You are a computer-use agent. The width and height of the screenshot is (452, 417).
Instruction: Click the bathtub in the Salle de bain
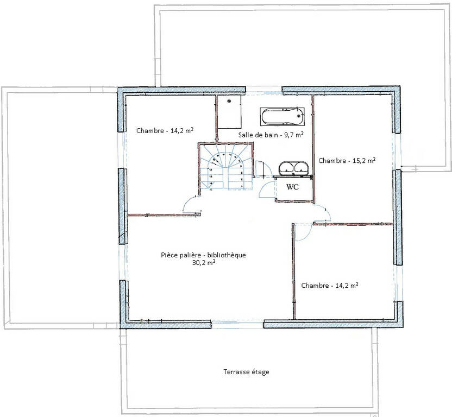point(282,116)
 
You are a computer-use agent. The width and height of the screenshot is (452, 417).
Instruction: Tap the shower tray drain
point(229,101)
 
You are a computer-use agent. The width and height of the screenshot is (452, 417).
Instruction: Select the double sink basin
point(293,168)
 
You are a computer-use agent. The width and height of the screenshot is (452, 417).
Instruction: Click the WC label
point(292,187)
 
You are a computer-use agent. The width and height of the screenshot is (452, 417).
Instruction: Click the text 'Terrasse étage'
point(246,372)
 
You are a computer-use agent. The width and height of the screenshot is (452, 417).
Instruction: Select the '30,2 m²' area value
point(204,263)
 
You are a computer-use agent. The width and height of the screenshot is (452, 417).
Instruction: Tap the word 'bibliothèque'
point(227,255)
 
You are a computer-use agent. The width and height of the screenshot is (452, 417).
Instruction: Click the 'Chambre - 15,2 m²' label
point(347,160)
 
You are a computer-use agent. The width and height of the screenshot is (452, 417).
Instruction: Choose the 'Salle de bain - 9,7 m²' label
point(271,135)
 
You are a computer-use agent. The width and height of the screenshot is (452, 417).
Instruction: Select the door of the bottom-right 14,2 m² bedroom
point(303,232)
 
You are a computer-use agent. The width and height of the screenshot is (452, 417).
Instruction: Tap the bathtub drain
point(299,116)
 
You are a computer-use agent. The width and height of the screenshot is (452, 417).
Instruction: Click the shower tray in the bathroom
point(229,112)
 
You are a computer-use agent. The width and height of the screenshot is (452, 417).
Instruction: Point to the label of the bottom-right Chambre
point(330,285)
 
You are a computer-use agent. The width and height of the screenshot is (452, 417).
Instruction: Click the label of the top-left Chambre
point(165,130)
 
